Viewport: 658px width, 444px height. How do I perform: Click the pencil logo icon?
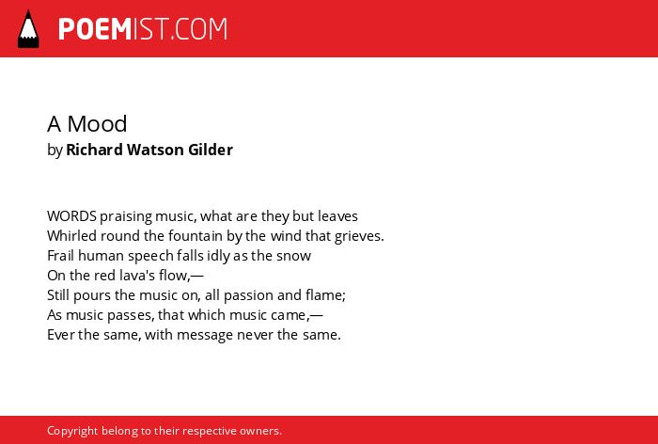click(28, 28)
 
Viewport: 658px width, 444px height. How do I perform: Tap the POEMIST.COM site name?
click(143, 29)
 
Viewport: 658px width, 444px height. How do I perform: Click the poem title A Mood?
click(86, 124)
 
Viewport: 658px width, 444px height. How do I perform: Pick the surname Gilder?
click(211, 150)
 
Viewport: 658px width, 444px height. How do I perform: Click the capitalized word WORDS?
click(71, 216)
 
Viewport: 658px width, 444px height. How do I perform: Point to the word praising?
click(126, 217)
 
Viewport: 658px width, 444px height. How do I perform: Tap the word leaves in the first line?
click(337, 216)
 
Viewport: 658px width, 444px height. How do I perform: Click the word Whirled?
click(71, 236)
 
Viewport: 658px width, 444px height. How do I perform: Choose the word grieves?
click(359, 237)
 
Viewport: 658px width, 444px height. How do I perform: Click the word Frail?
click(61, 256)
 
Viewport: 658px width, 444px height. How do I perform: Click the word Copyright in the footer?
click(72, 432)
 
